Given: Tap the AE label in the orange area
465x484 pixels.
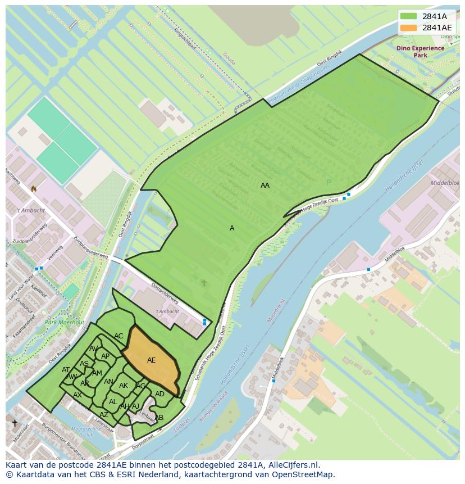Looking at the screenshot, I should coord(152,360).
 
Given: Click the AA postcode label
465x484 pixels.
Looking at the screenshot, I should coord(265,185).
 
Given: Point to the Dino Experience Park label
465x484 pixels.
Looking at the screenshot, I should coord(420,52).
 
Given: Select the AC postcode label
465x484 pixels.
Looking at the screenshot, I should coord(118,336).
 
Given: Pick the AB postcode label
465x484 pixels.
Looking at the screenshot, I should coord(159,418).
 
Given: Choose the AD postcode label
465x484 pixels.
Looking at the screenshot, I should coord(160,394).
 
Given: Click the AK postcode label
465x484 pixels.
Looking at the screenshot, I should coord(124,386).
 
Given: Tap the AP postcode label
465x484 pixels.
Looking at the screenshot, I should coord(105,356).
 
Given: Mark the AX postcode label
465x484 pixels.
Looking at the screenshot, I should coord(77,395).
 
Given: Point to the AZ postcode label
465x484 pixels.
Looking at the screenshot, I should coord(104,415).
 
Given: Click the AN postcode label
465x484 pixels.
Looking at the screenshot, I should coord(109,382).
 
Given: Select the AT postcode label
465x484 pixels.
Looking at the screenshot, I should coord(66,370).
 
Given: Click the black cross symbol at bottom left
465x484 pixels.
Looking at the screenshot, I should coord(15,423).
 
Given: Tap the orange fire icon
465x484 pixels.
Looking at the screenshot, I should coord(34,189).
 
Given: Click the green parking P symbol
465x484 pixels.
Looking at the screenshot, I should coord(329,182).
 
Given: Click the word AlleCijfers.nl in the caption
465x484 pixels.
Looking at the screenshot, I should coord(291,465).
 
